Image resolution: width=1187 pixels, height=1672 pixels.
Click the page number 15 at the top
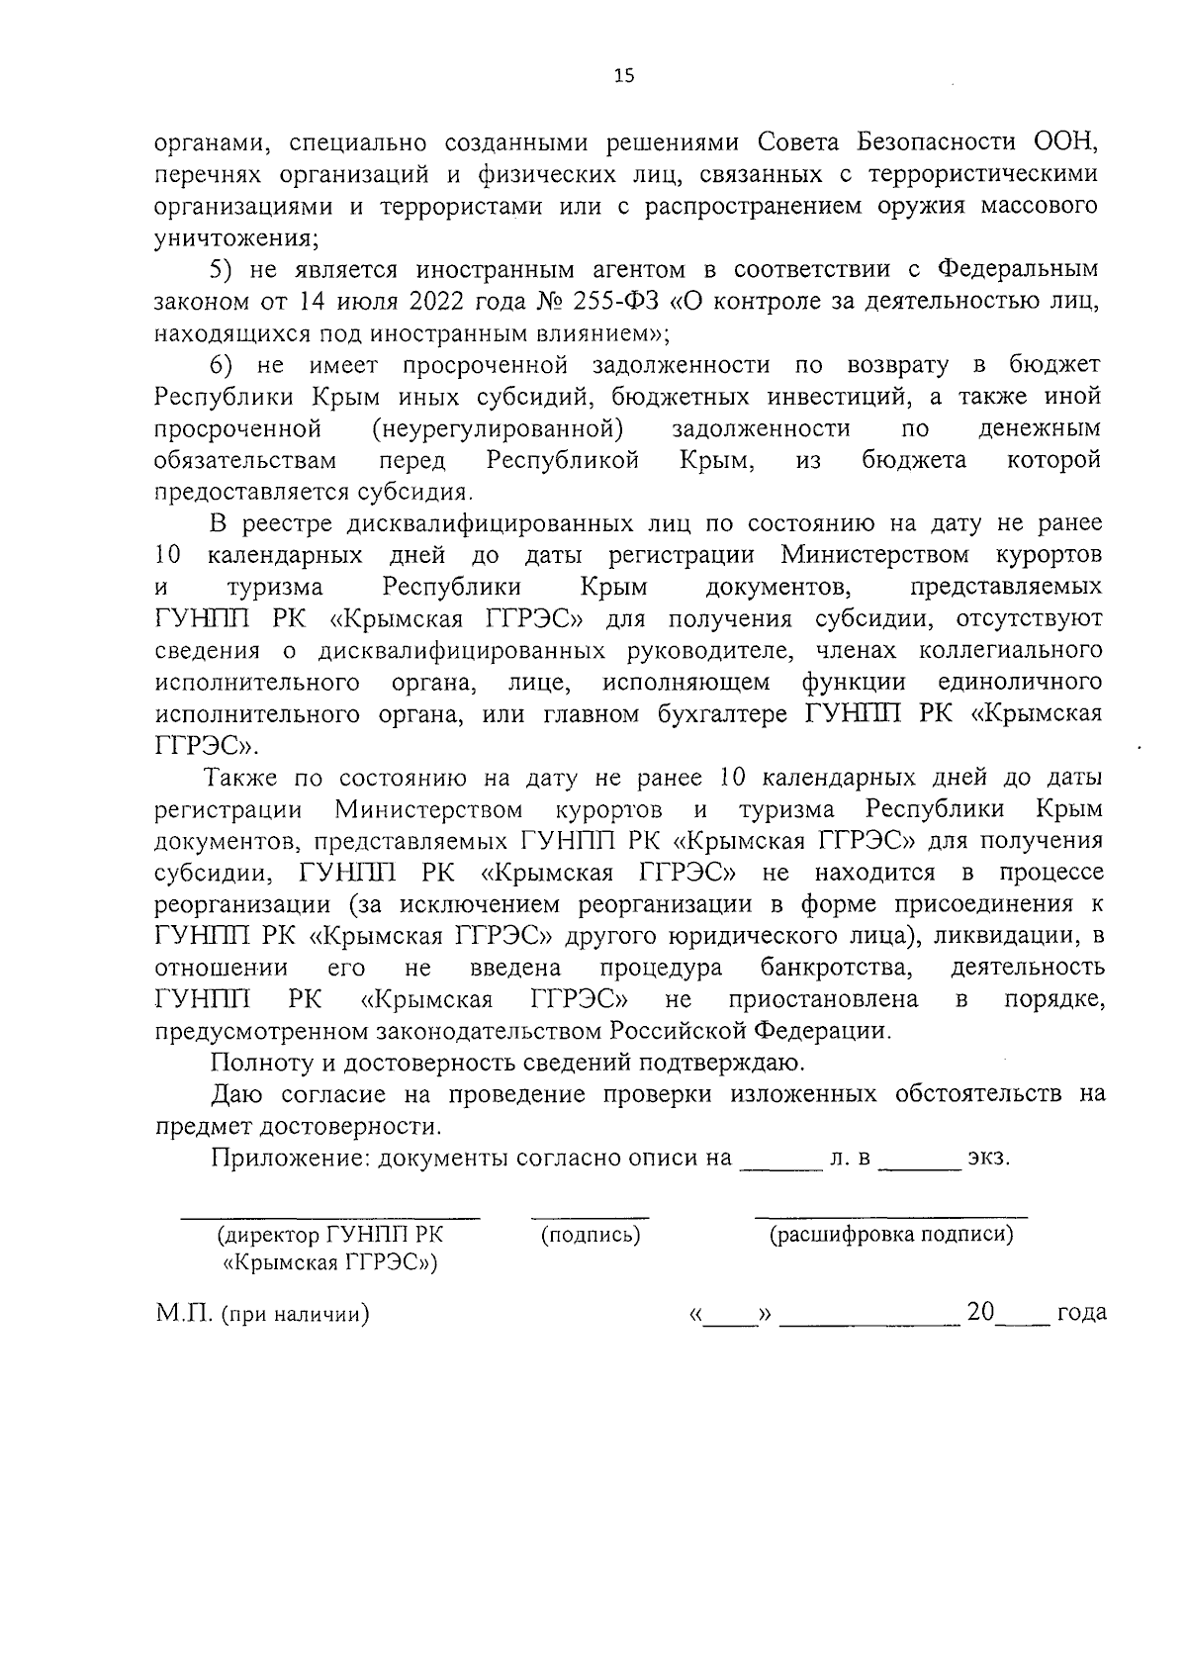(x=623, y=77)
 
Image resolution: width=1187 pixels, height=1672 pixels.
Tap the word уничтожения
(x=234, y=238)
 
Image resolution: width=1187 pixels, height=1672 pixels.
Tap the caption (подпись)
(x=591, y=1235)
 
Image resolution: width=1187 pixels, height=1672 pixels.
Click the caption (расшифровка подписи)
(x=891, y=1235)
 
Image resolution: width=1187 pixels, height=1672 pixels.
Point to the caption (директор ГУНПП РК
(x=330, y=1235)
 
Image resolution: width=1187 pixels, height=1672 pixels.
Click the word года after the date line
(x=1081, y=1314)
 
